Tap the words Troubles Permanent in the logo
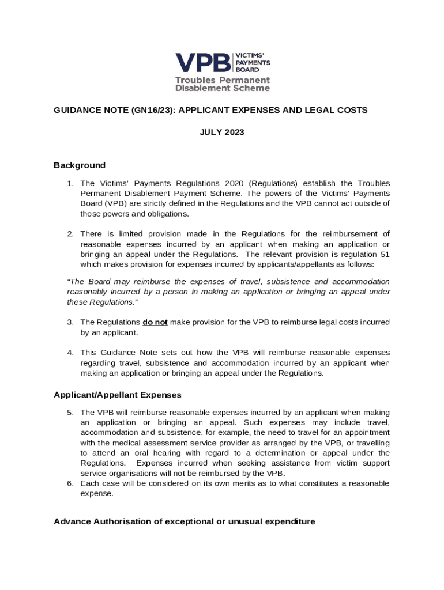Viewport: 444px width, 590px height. coord(223,80)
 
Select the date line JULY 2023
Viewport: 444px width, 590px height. coord(222,133)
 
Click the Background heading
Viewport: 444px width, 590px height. coord(80,165)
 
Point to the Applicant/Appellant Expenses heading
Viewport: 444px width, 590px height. coord(118,395)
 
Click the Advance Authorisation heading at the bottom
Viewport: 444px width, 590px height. coord(185,521)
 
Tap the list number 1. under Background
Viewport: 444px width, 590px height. coord(70,183)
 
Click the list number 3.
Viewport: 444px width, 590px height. coord(70,322)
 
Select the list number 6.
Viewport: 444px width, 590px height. coord(70,483)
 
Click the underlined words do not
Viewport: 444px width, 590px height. coord(155,322)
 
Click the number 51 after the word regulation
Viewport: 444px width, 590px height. coord(384,254)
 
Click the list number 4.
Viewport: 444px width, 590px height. coord(70,353)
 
